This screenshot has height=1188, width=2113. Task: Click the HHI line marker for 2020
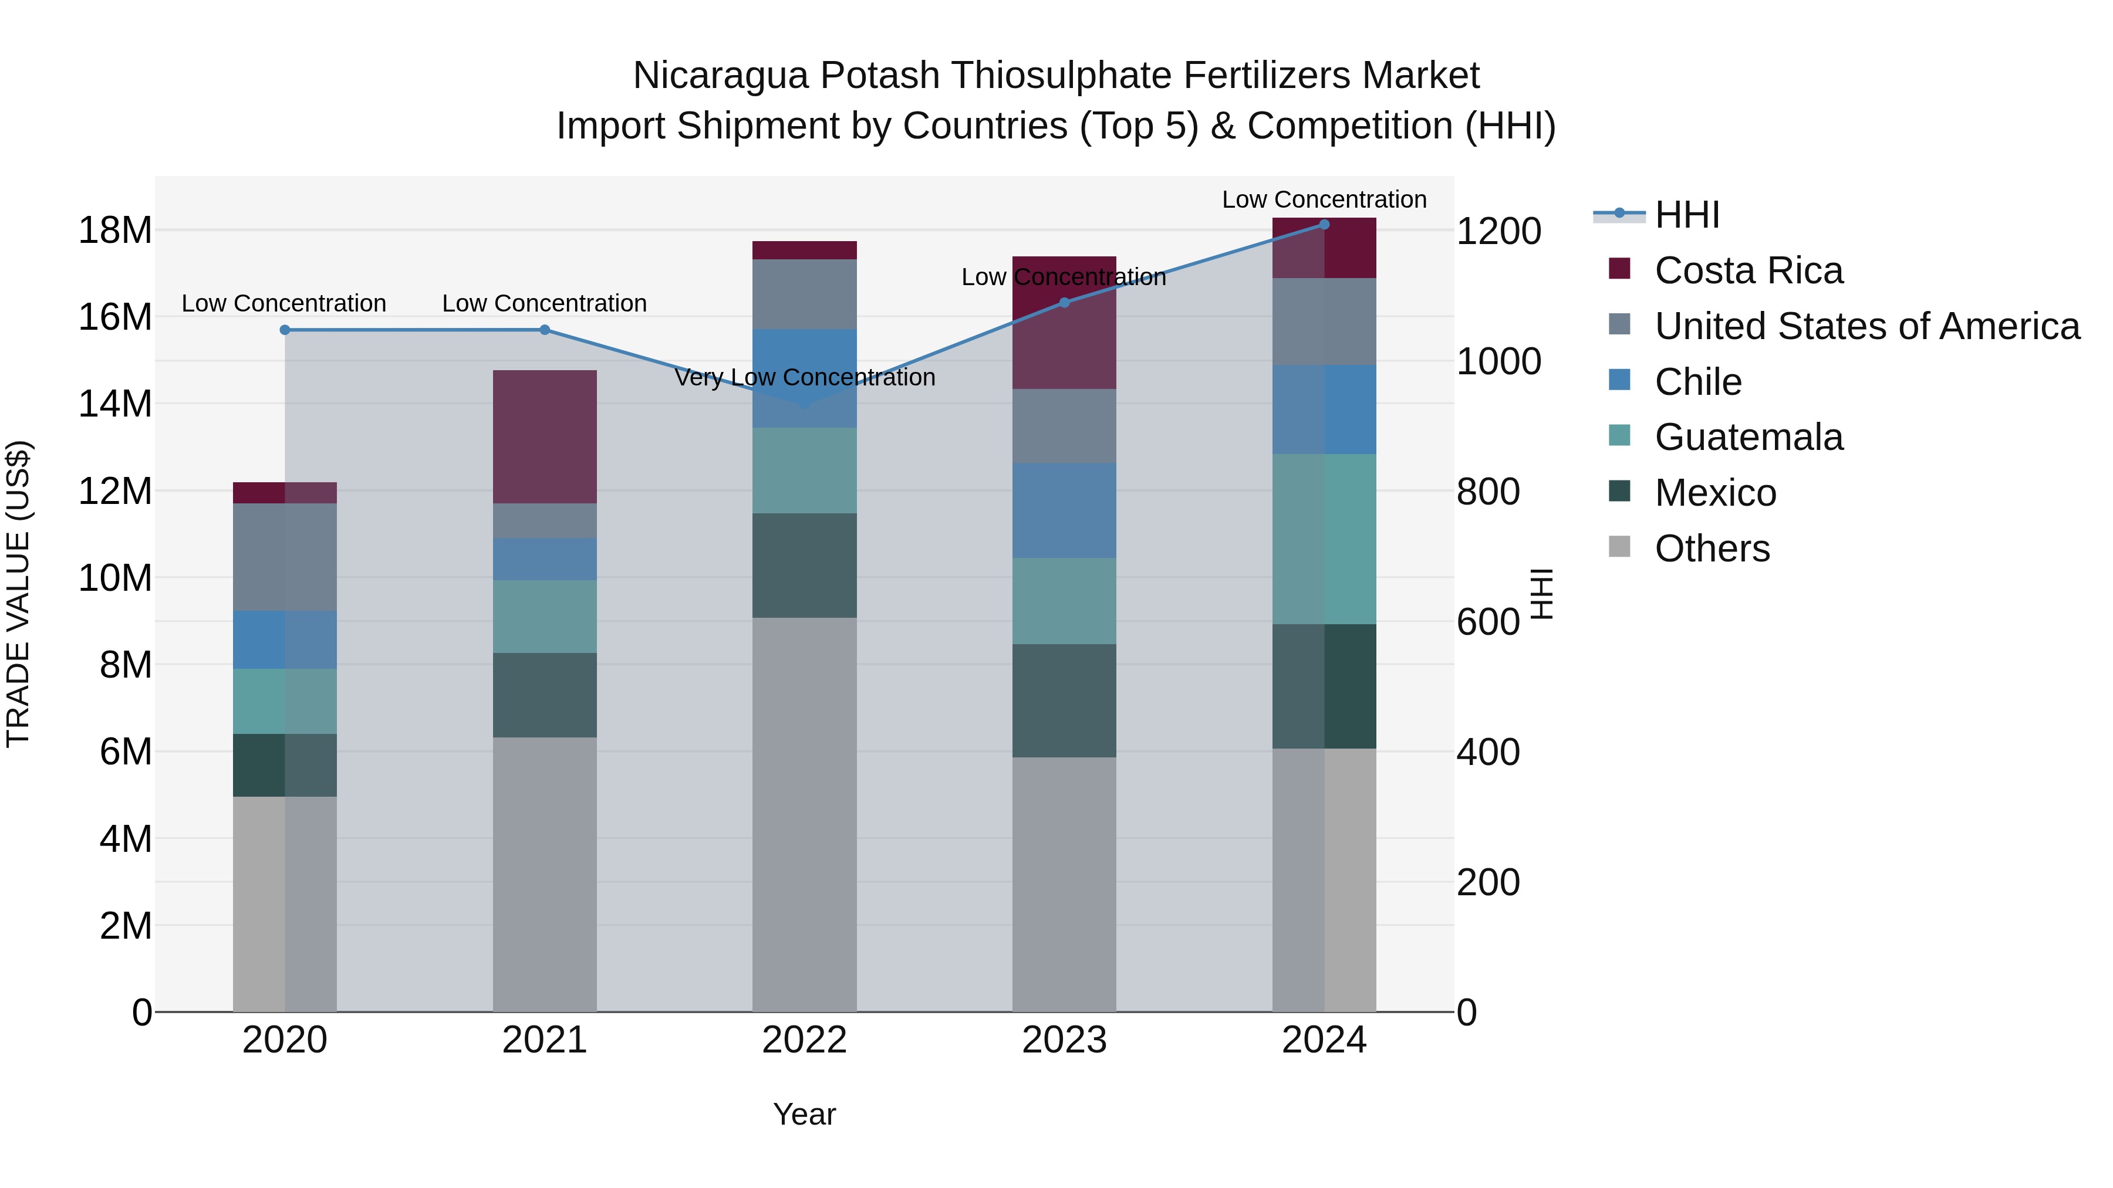285,330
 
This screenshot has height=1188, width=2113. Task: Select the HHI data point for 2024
1324,225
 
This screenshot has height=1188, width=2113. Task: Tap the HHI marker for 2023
1065,303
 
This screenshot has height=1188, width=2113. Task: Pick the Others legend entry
1712,549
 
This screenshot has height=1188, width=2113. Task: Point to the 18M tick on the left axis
115,231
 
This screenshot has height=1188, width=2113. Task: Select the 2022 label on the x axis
804,1040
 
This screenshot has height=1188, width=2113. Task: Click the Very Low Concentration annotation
804,377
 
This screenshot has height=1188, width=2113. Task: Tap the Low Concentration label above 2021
544,303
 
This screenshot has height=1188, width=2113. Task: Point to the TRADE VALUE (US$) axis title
18,594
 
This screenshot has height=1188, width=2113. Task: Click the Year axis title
804,1114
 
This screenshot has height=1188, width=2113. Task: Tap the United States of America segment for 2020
285,557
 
